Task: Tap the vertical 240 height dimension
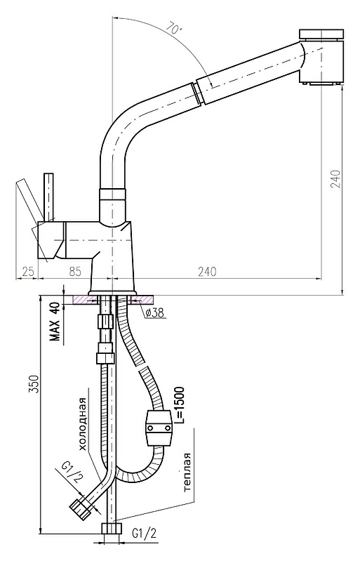pyautogui.click(x=336, y=179)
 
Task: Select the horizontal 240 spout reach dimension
pyautogui.click(x=207, y=272)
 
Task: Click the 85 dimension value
pyautogui.click(x=74, y=272)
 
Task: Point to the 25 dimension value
pyautogui.click(x=29, y=272)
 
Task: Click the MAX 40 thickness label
pyautogui.click(x=55, y=322)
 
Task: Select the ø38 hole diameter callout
pyautogui.click(x=154, y=313)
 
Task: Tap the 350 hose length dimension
pyautogui.click(x=34, y=384)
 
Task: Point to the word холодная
pyautogui.click(x=83, y=424)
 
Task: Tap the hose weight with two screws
pyautogui.click(x=159, y=428)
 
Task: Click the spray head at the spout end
pyautogui.click(x=321, y=58)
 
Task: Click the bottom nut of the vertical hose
pyautogui.click(x=112, y=529)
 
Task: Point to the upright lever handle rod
pyautogui.click(x=48, y=197)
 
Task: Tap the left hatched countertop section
pyautogui.click(x=84, y=300)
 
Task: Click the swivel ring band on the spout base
pyautogui.click(x=112, y=194)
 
